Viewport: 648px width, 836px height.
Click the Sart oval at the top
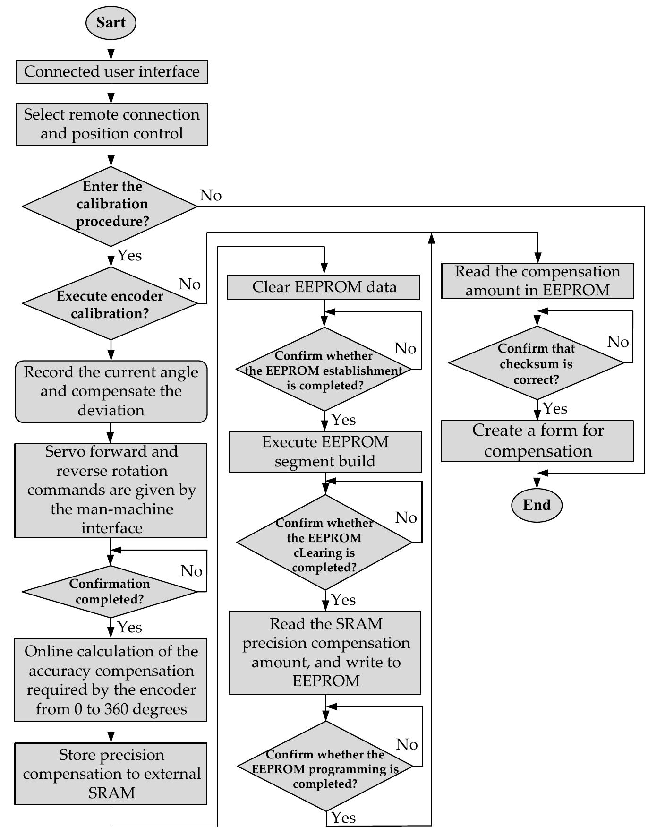click(x=111, y=23)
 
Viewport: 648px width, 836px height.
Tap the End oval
click(x=537, y=505)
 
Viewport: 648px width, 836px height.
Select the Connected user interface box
click(x=111, y=72)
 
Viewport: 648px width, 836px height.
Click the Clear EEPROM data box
click(x=324, y=287)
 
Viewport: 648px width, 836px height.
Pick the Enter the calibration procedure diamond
click(x=111, y=206)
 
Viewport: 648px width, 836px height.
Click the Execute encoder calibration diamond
click(x=111, y=304)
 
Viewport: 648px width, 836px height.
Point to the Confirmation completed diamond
click(x=110, y=591)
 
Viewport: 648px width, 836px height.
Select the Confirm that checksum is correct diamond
click(x=537, y=363)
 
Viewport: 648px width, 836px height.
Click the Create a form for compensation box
click(x=537, y=440)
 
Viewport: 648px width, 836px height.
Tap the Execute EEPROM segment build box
click(x=325, y=451)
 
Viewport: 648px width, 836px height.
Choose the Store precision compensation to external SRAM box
click(x=111, y=773)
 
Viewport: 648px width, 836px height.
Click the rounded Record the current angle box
click(x=111, y=391)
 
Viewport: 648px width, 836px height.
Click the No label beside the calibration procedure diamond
click(x=211, y=195)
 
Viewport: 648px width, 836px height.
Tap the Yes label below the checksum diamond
click(x=555, y=408)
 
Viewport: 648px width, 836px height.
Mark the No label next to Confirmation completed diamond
click(x=191, y=571)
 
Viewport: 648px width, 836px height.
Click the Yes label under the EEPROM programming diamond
click(x=343, y=817)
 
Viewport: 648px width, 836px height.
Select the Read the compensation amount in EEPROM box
click(x=537, y=281)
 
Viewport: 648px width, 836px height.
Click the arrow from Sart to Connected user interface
click(x=111, y=49)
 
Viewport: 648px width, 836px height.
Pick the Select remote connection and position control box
click(x=111, y=124)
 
